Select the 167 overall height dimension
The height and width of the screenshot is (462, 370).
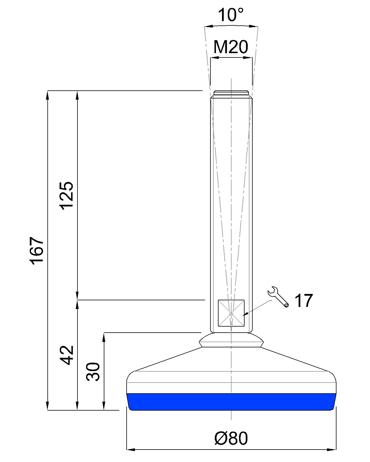[x=37, y=250]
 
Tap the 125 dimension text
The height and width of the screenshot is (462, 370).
[x=67, y=195]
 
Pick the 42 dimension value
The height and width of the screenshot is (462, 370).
[x=67, y=355]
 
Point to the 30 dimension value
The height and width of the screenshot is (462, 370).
[x=93, y=372]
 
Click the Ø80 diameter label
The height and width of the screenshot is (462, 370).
[x=231, y=438]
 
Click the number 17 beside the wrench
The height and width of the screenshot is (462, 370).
[x=303, y=301]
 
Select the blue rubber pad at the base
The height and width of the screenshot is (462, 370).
[x=231, y=402]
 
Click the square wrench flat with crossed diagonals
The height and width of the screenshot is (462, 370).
[x=231, y=313]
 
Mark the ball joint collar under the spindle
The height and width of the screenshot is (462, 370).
[x=231, y=340]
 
